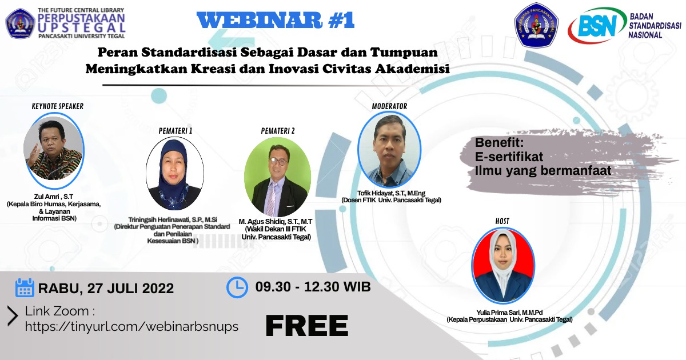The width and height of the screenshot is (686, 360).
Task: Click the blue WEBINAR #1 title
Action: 276,20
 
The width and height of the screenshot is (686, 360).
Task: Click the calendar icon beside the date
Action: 25,288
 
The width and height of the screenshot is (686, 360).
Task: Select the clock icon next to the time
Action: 237,287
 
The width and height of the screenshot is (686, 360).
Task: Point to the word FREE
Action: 307,326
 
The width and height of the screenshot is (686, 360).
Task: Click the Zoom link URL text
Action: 131,326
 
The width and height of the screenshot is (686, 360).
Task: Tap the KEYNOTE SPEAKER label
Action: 58,106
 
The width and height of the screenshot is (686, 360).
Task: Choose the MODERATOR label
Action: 389,106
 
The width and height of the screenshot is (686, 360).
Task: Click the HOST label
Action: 502,221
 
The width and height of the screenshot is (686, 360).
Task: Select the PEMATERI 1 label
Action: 176,131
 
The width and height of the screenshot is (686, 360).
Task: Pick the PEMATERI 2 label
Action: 278,131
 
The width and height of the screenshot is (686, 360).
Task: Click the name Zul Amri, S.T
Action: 54,197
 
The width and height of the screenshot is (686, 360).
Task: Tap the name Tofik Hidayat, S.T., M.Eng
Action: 392,193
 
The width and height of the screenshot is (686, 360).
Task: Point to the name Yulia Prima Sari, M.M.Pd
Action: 509,313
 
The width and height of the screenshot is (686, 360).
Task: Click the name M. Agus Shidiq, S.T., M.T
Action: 276,221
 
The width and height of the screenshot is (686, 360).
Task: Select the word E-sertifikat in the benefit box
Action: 509,157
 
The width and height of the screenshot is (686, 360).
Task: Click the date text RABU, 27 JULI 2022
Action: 106,289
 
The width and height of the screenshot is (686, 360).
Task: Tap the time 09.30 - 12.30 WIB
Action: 313,287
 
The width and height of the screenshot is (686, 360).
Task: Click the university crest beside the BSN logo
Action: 536,25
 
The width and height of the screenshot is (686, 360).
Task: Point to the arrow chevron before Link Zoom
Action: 13,315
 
